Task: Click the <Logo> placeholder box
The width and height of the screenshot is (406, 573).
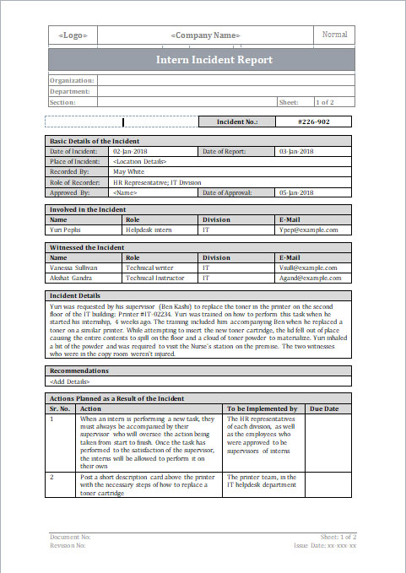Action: tap(73, 35)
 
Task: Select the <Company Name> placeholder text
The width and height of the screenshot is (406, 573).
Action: tap(205, 35)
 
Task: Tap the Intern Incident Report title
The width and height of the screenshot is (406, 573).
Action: tap(214, 60)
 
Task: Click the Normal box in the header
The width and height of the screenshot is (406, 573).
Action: tap(334, 35)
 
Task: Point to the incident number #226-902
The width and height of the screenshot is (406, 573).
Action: tap(314, 122)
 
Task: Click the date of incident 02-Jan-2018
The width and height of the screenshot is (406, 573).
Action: tap(129, 151)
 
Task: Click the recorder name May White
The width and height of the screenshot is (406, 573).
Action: tap(128, 171)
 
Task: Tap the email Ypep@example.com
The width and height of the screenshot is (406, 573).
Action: tap(308, 229)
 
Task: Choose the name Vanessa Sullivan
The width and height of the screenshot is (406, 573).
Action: tap(73, 267)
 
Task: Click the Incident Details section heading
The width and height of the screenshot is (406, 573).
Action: tap(75, 295)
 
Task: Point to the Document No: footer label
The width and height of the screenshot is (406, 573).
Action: tap(70, 537)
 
